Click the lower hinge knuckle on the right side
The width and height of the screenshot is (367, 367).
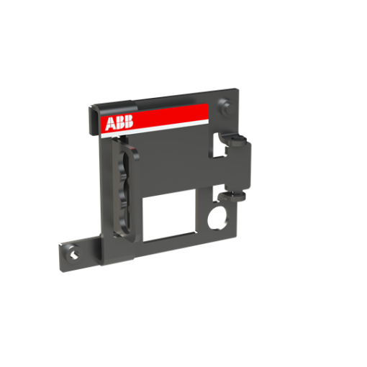click(x=235, y=194)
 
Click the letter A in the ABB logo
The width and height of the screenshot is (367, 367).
click(x=110, y=124)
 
